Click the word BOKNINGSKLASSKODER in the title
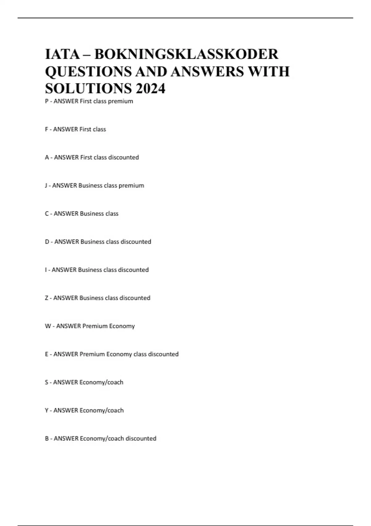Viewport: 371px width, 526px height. [186, 54]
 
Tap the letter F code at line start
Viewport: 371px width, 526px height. [47, 129]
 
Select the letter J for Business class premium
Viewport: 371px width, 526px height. [46, 186]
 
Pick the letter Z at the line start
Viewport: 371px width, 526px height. [47, 298]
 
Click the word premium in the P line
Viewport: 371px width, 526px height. [121, 101]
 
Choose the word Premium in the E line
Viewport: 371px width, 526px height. [92, 354]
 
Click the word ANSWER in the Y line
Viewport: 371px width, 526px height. [66, 411]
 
